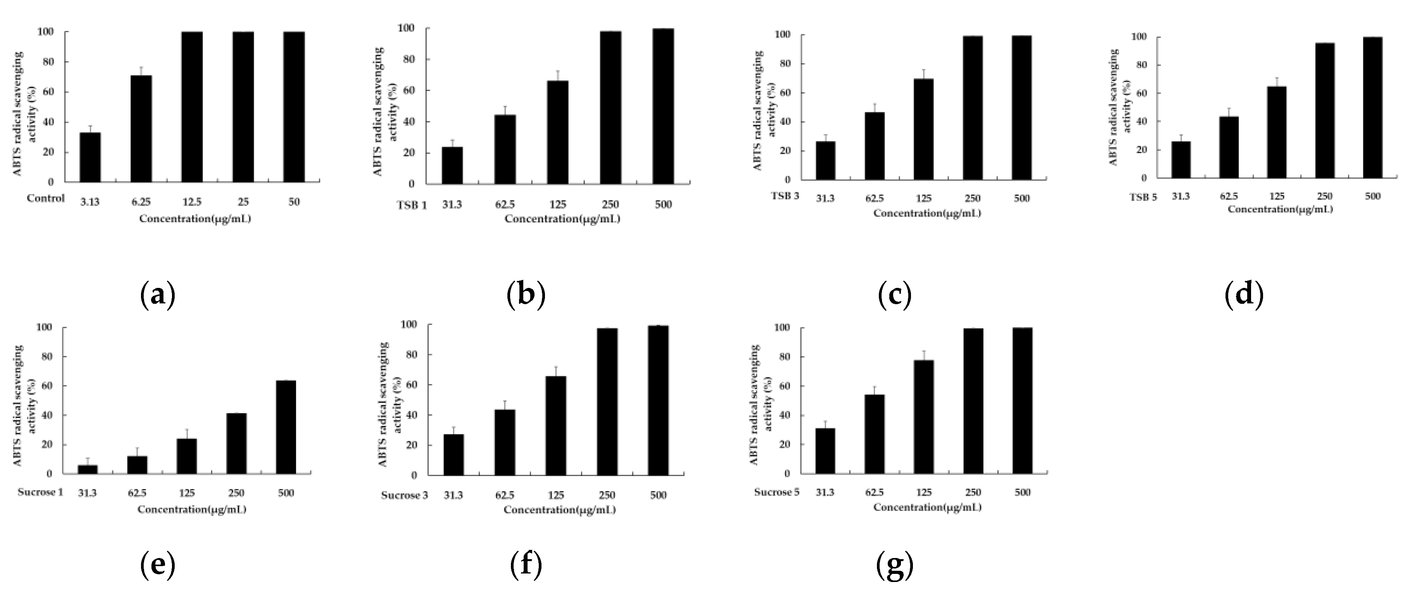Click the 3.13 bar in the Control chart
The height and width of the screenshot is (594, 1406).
click(x=90, y=157)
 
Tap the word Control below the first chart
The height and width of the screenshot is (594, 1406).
click(x=46, y=198)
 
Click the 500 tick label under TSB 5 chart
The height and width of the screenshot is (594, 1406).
click(x=1372, y=196)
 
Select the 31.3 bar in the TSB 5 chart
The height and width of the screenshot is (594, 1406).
click(x=1181, y=159)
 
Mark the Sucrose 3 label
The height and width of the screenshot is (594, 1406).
click(x=404, y=495)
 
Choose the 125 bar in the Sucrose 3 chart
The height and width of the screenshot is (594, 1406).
click(x=556, y=425)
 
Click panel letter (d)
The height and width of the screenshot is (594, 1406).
click(x=1244, y=295)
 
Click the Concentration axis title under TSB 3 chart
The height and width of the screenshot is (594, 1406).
click(x=927, y=213)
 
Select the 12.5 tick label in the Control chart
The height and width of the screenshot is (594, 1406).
click(x=192, y=202)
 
